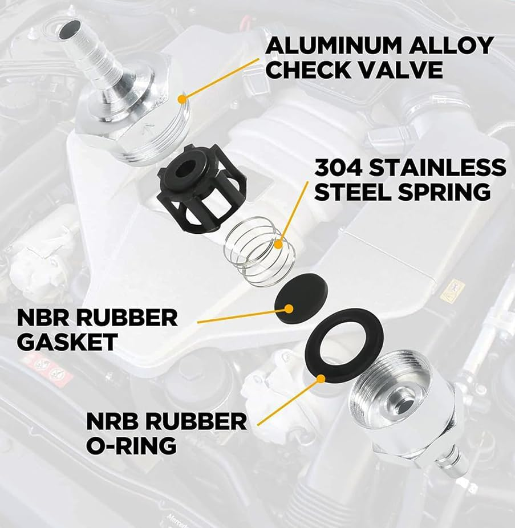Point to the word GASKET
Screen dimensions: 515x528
(x=67, y=342)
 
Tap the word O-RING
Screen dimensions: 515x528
(x=131, y=445)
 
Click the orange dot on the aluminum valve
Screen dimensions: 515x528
(x=183, y=99)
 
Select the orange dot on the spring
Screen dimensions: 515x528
(x=278, y=244)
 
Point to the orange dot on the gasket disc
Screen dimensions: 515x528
(x=289, y=308)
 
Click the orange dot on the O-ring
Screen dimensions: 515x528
(x=321, y=379)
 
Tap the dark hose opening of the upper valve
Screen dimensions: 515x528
(x=70, y=29)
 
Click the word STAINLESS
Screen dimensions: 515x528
(x=437, y=168)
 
